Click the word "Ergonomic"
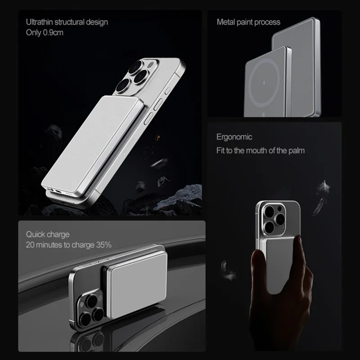click(234, 137)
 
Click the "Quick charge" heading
click(48, 234)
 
